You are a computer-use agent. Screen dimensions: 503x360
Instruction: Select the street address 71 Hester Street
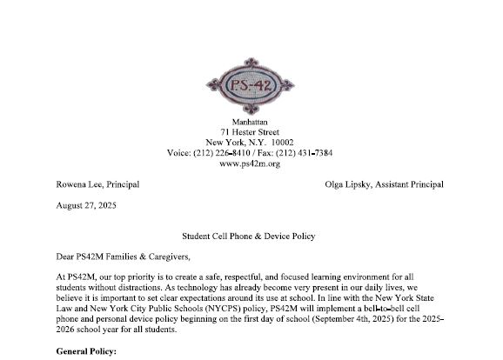pos(250,131)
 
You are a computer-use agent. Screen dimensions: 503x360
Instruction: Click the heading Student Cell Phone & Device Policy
pos(250,236)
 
